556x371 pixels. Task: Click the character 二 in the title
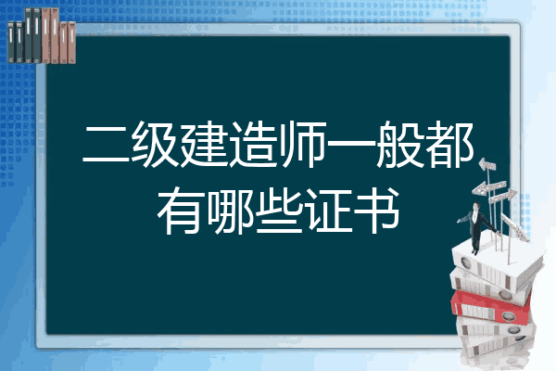pyautogui.click(x=106, y=145)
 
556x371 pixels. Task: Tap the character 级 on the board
pyautogui.click(x=155, y=144)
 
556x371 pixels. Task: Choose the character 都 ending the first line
pyautogui.click(x=449, y=144)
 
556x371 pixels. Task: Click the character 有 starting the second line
pyautogui.click(x=181, y=211)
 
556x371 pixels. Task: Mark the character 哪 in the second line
pyautogui.click(x=230, y=211)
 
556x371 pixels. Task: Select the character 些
pyautogui.click(x=279, y=211)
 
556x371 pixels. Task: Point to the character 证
pyautogui.click(x=328, y=211)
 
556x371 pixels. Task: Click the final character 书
pyautogui.click(x=377, y=211)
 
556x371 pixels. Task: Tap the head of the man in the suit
pyautogui.click(x=476, y=206)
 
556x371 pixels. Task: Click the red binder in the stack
pyautogui.click(x=490, y=307)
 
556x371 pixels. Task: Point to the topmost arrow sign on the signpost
pyautogui.click(x=487, y=164)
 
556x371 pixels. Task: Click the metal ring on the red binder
pyautogui.click(x=508, y=315)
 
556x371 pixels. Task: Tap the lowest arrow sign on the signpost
pyautogui.click(x=514, y=227)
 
